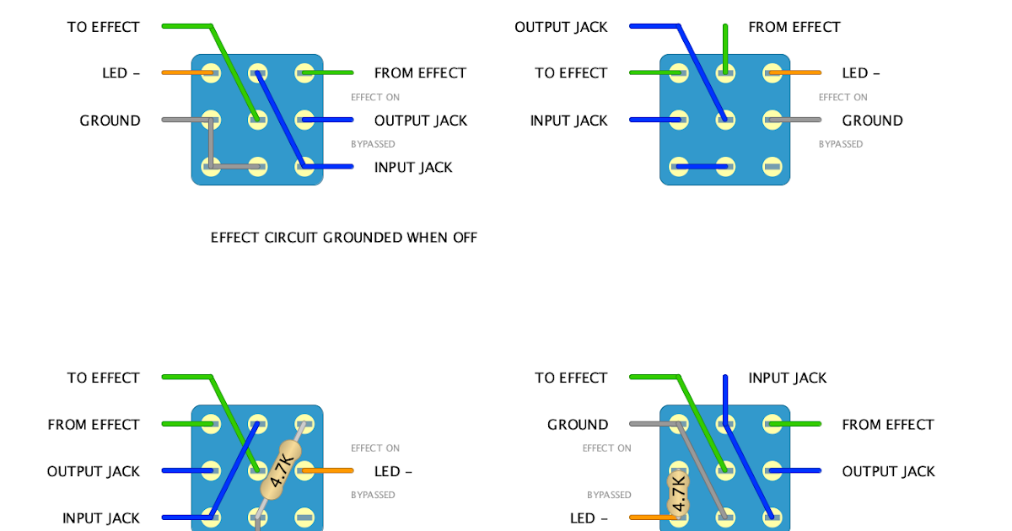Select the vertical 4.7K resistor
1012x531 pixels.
tap(677, 492)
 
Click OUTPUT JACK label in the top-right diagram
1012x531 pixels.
tap(561, 27)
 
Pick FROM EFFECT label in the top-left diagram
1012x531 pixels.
tap(420, 73)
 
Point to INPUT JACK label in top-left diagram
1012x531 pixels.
tap(413, 167)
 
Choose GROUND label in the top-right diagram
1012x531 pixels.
tap(872, 121)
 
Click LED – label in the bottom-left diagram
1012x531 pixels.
tap(393, 471)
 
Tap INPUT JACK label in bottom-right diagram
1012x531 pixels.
tap(788, 378)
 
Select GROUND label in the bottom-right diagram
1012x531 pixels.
tap(578, 425)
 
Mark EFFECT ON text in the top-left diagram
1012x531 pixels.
tap(375, 98)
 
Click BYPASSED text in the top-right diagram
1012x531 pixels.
tap(841, 144)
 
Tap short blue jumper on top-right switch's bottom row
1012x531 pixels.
tap(702, 167)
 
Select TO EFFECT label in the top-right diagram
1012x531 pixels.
tap(571, 73)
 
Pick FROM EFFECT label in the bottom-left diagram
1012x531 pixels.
tap(94, 425)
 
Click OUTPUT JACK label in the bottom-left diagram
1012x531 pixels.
tap(94, 471)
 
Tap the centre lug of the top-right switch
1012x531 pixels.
tap(725, 121)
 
